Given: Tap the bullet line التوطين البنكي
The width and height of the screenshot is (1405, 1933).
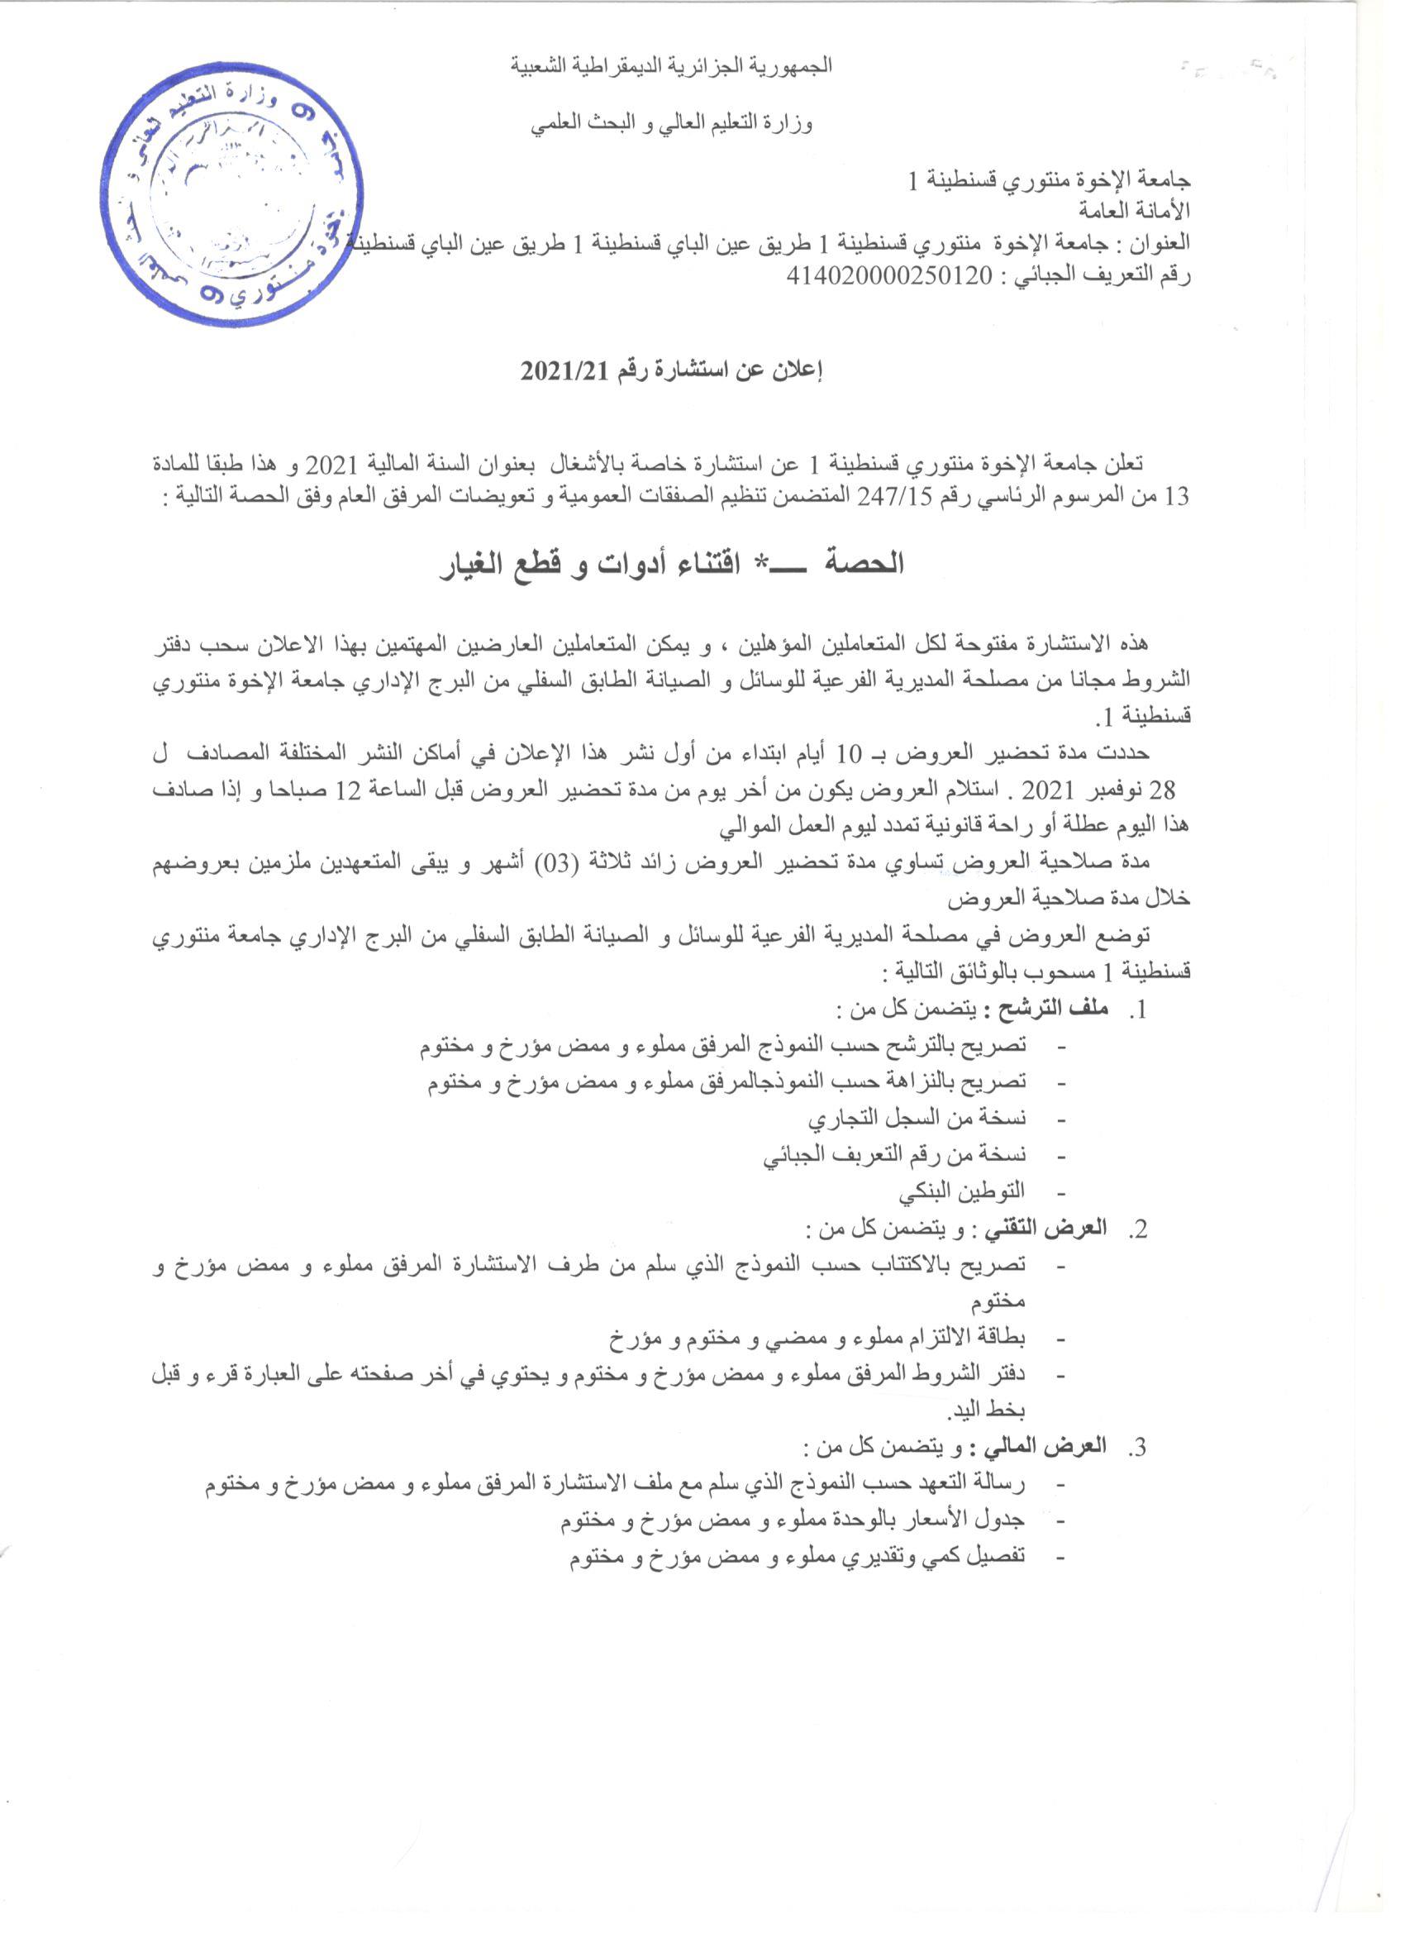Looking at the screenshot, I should click(966, 1191).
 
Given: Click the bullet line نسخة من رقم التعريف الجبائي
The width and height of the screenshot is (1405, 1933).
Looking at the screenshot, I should click(894, 1155).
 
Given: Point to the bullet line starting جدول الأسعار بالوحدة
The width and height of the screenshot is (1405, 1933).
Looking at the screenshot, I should click(793, 1520).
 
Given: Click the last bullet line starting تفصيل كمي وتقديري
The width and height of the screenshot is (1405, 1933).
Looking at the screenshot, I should click(798, 1556).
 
